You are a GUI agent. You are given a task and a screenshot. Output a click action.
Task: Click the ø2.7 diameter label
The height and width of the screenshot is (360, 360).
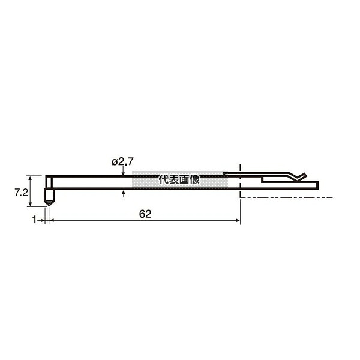click(122, 162)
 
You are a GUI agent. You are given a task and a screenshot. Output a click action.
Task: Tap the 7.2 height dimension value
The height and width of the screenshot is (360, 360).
click(22, 193)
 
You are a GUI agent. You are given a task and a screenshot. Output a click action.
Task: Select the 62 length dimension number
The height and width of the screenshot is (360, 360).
click(145, 214)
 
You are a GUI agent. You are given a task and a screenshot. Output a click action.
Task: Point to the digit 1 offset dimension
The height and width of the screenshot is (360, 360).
click(34, 220)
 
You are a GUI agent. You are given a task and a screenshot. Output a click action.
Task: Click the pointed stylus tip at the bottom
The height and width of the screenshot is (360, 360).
click(49, 205)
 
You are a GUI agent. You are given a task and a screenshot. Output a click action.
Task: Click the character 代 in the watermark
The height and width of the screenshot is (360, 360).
click(164, 180)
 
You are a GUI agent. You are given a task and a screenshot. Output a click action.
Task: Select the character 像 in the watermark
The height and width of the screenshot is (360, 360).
click(194, 180)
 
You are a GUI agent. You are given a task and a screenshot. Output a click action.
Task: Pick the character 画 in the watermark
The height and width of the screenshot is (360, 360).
click(184, 180)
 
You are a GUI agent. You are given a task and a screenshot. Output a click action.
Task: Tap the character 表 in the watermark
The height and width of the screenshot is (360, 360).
click(174, 180)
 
